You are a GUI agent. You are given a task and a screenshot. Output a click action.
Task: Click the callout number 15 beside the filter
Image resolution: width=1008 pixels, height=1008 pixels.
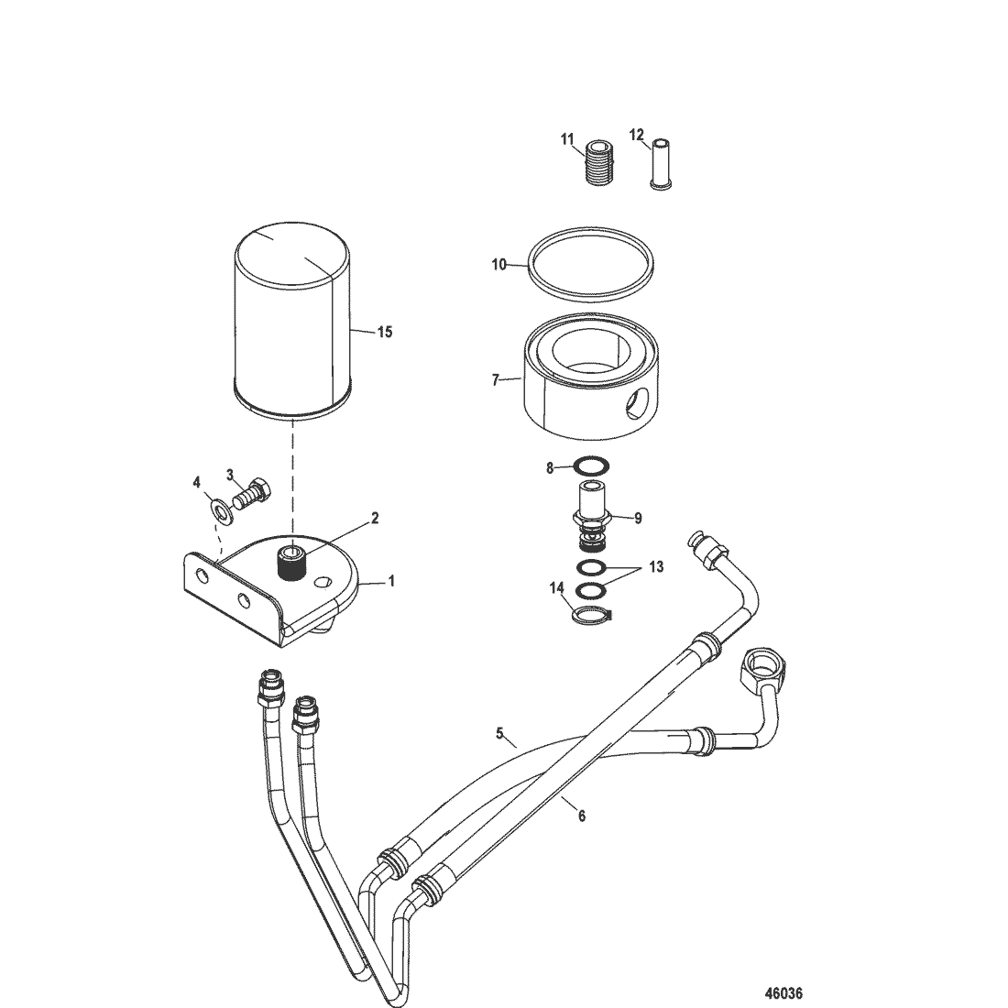[x=385, y=333]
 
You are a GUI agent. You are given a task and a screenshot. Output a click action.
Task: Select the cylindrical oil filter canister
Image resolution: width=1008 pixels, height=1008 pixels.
[x=291, y=320]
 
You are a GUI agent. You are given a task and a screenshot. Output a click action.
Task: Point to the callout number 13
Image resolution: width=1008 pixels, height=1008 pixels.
[x=656, y=567]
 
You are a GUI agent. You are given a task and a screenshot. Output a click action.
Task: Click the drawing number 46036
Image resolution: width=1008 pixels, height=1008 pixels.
[x=783, y=993]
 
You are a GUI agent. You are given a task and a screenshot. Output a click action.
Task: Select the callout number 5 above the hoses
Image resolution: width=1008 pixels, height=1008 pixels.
[x=499, y=732]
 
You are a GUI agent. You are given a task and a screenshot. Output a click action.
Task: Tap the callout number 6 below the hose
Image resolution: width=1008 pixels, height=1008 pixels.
[x=582, y=816]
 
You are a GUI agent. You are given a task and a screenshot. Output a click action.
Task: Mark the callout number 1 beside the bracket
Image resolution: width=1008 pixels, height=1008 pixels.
[x=391, y=581]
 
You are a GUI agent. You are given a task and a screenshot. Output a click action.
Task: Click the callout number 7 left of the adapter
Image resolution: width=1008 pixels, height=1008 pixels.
[x=495, y=380]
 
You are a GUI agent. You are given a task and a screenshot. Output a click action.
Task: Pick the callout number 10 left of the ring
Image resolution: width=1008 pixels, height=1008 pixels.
[x=499, y=264]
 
